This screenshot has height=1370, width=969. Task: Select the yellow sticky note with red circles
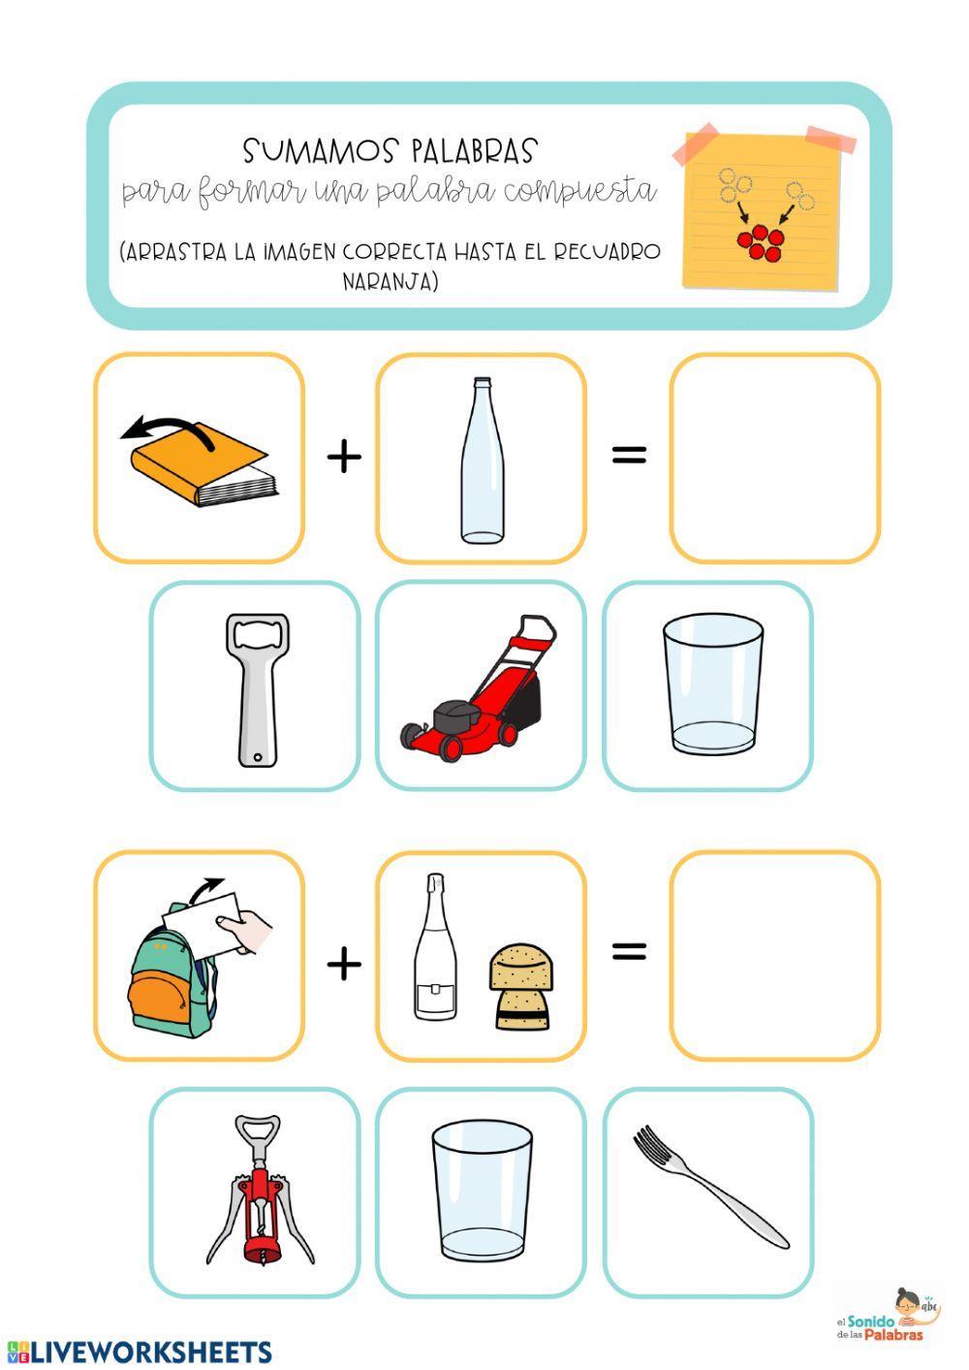click(x=762, y=210)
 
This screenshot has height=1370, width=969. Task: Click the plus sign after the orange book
click(x=344, y=455)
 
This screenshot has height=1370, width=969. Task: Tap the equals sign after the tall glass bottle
click(x=629, y=453)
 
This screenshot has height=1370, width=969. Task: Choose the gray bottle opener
click(x=255, y=686)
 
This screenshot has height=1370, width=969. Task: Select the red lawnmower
click(x=476, y=686)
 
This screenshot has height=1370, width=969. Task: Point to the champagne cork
click(x=520, y=987)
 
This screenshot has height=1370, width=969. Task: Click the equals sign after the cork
click(x=629, y=951)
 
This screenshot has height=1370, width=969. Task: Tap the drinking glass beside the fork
click(x=482, y=1193)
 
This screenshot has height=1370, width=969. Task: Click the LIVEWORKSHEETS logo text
click(x=140, y=1352)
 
